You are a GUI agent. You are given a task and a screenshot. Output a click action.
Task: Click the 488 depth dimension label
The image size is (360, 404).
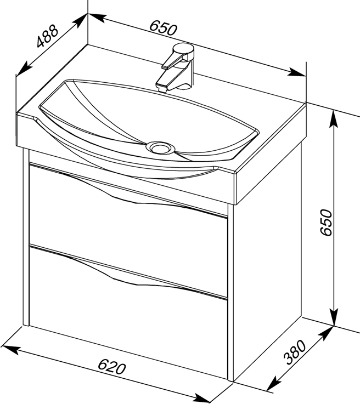(47, 36)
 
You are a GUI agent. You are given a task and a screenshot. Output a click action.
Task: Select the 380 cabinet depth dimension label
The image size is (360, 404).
(295, 352)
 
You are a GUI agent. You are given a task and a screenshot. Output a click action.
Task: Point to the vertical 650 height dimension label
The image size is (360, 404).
(326, 223)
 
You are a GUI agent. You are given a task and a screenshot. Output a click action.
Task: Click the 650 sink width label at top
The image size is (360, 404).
(163, 27)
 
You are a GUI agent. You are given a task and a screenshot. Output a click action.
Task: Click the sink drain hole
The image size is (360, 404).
(160, 148)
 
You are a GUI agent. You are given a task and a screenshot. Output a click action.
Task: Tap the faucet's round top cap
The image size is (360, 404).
(183, 48)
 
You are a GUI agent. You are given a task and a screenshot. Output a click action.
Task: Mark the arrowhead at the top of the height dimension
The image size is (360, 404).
(334, 119)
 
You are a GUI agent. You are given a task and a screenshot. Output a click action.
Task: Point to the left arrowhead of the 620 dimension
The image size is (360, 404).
(10, 349)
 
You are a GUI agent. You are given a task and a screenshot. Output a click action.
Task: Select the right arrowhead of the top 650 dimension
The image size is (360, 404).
(297, 72)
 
